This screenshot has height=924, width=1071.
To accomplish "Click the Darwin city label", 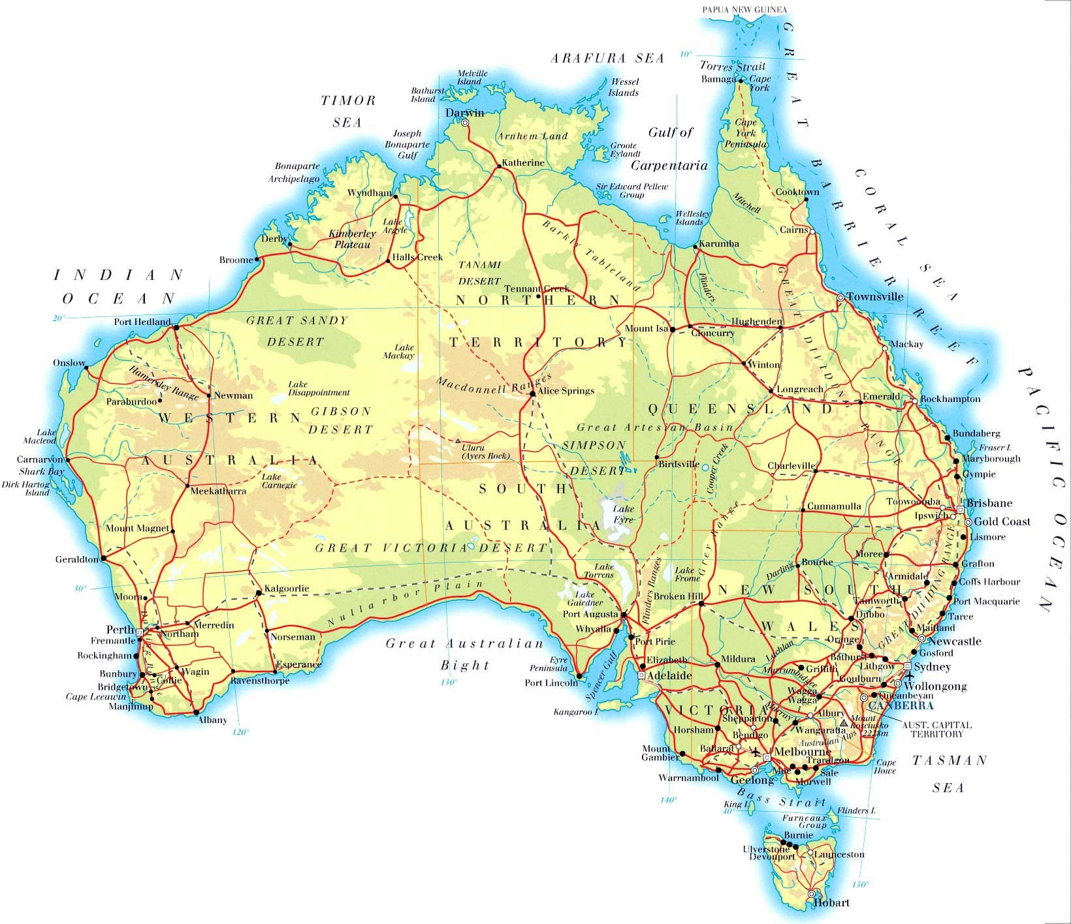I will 464,112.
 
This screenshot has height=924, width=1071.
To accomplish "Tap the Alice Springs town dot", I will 532,393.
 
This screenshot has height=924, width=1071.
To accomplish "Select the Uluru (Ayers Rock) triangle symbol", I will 458,440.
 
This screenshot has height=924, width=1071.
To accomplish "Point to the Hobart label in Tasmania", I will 832,903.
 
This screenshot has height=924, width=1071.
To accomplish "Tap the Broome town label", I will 236,260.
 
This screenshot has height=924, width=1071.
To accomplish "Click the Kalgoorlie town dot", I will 259,593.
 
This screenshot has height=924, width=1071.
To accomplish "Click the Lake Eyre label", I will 624,514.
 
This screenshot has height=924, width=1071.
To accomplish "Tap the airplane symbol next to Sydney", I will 908,675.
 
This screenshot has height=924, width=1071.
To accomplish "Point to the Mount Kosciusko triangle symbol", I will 844,723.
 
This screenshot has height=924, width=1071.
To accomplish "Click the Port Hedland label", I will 142,322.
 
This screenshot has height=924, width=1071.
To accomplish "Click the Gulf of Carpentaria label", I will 678,149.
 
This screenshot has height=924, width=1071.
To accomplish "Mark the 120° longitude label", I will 240,732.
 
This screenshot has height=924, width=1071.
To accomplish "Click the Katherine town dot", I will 500,166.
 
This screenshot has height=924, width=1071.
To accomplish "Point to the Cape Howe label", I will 886,766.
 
